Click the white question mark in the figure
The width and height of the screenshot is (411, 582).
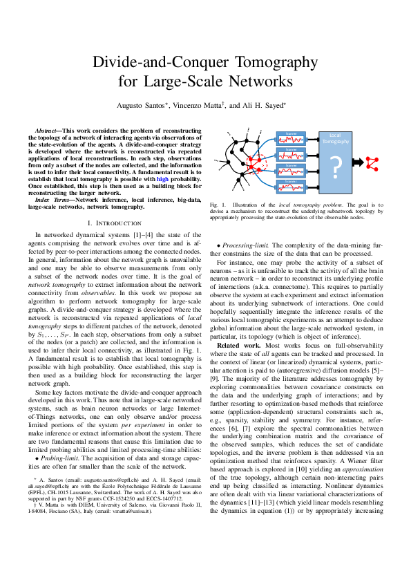tap(336, 168)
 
